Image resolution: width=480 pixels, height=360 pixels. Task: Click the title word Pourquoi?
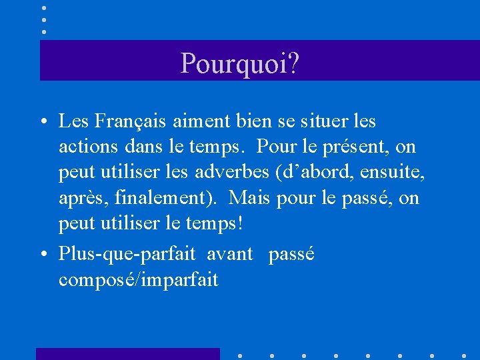tap(239, 63)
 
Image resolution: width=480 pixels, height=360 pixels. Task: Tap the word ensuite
tap(393, 172)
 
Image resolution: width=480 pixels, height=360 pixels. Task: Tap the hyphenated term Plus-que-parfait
tap(127, 254)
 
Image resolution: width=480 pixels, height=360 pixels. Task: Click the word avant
tap(230, 255)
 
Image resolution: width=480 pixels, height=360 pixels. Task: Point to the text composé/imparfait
tap(138, 280)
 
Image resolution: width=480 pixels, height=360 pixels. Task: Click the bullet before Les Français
tap(42, 123)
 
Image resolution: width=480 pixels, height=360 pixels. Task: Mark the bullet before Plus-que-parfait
tap(42, 255)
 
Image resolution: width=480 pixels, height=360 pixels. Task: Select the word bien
tap(252, 121)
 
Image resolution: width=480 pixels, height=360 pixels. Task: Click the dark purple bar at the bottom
tap(127, 354)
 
